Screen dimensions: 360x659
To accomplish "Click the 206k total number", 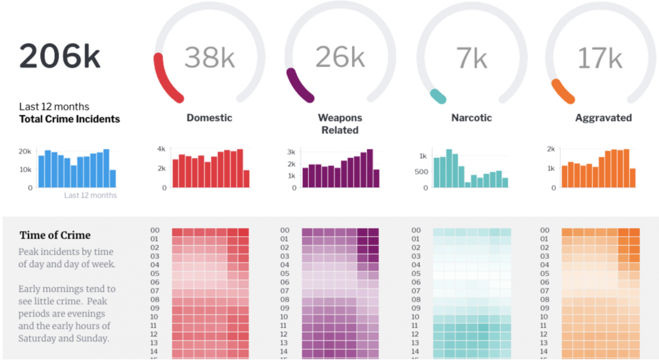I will pyautogui.click(x=59, y=56).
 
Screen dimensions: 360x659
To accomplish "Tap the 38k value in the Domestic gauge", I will pyautogui.click(x=209, y=57).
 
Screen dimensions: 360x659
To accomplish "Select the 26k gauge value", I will pyautogui.click(x=340, y=57).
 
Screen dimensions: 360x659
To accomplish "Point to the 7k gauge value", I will pyautogui.click(x=471, y=58).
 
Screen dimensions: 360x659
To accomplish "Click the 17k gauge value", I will pyautogui.click(x=600, y=58).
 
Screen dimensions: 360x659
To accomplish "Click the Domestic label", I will pyautogui.click(x=209, y=118).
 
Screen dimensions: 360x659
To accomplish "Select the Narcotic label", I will pyautogui.click(x=471, y=118).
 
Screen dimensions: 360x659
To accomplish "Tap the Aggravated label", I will pyautogui.click(x=603, y=118).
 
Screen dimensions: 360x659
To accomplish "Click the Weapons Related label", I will pyautogui.click(x=340, y=124).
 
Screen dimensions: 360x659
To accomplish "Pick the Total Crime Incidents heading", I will pyautogui.click(x=70, y=119).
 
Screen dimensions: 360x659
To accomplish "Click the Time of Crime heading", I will pyautogui.click(x=55, y=235).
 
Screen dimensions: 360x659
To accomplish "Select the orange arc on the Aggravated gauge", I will pyautogui.click(x=562, y=91).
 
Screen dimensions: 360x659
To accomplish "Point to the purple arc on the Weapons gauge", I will pyautogui.click(x=297, y=84).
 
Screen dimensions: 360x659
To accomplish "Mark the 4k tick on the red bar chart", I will pyautogui.click(x=161, y=149).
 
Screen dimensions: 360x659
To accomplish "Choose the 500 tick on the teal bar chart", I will pyautogui.click(x=421, y=172).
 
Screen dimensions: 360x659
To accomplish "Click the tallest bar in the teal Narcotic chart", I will pyautogui.click(x=449, y=168).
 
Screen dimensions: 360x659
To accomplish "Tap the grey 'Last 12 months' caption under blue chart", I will pyautogui.click(x=90, y=195).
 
